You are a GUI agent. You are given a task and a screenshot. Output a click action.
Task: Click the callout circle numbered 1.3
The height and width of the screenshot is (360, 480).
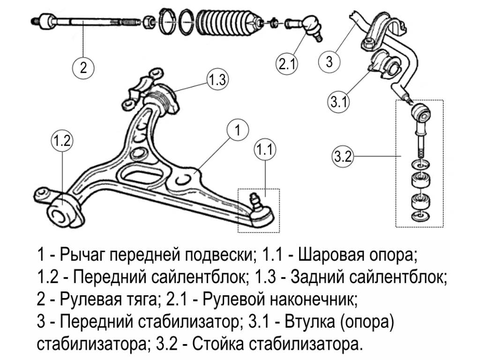tap(217, 80)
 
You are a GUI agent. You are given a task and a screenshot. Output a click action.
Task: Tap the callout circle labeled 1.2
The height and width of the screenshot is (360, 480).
tap(62, 141)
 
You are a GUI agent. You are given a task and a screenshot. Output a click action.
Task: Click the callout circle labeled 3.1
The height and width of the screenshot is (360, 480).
tap(338, 102)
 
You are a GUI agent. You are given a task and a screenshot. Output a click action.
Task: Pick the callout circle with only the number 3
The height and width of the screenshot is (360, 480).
tap(330, 61)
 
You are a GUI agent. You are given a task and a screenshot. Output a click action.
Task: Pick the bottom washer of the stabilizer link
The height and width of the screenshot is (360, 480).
tap(420, 216)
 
